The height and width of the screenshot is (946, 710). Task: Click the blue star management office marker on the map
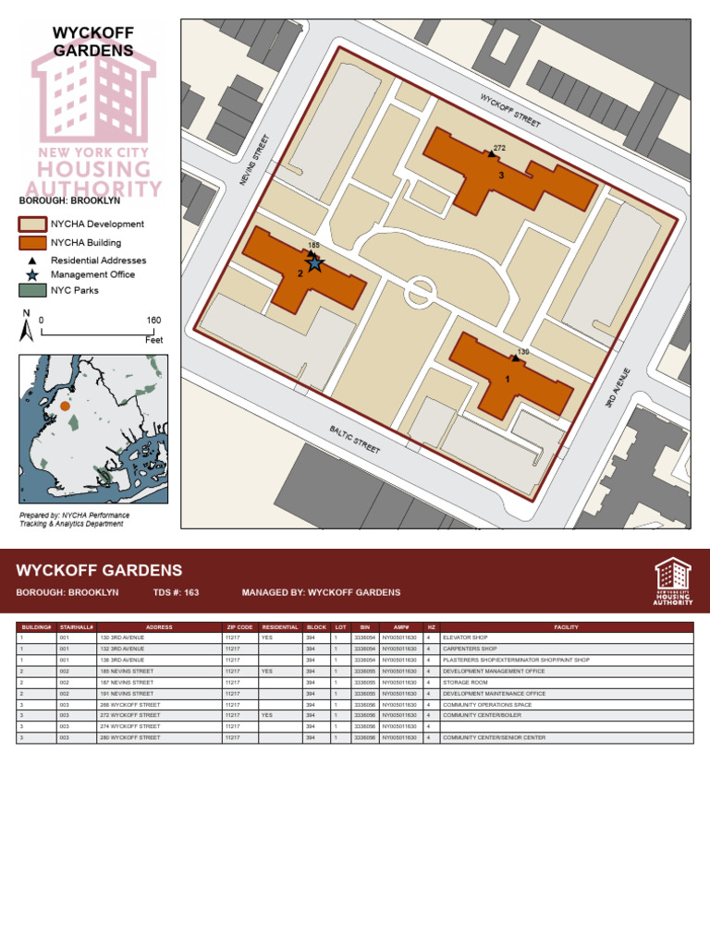pyautogui.click(x=314, y=264)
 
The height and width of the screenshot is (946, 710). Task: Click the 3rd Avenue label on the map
pyautogui.click(x=617, y=389)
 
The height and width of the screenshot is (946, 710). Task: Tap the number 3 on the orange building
pyautogui.click(x=501, y=175)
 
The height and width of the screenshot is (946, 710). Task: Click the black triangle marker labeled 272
pyautogui.click(x=491, y=152)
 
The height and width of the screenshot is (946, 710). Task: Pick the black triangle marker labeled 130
pyautogui.click(x=515, y=358)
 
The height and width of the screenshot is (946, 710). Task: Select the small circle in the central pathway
pyautogui.click(x=419, y=291)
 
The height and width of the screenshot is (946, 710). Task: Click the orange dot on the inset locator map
pyautogui.click(x=65, y=405)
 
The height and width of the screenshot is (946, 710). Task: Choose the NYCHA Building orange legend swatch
pyautogui.click(x=32, y=243)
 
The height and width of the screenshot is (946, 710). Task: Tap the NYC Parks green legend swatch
pyautogui.click(x=32, y=290)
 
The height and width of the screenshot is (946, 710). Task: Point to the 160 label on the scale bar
pyautogui.click(x=153, y=321)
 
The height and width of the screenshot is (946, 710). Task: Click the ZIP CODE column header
pyautogui.click(x=239, y=627)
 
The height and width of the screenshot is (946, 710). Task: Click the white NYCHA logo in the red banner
pyautogui.click(x=673, y=580)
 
